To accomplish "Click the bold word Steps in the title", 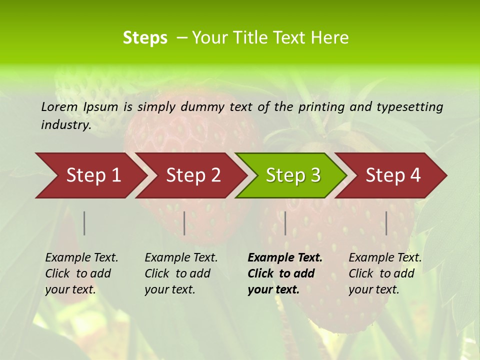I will click(145, 38).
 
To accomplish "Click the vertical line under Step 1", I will click(84, 223).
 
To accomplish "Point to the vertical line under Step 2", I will click(184, 223).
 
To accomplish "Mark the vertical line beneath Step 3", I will click(285, 223).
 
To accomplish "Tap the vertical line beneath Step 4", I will click(386, 223).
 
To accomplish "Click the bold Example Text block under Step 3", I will click(285, 273).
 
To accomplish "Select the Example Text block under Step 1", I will click(81, 273).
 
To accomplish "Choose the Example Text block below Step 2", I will click(181, 273).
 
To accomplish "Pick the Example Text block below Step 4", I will click(385, 273).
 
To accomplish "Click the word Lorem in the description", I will click(59, 106).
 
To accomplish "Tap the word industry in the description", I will click(66, 125).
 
